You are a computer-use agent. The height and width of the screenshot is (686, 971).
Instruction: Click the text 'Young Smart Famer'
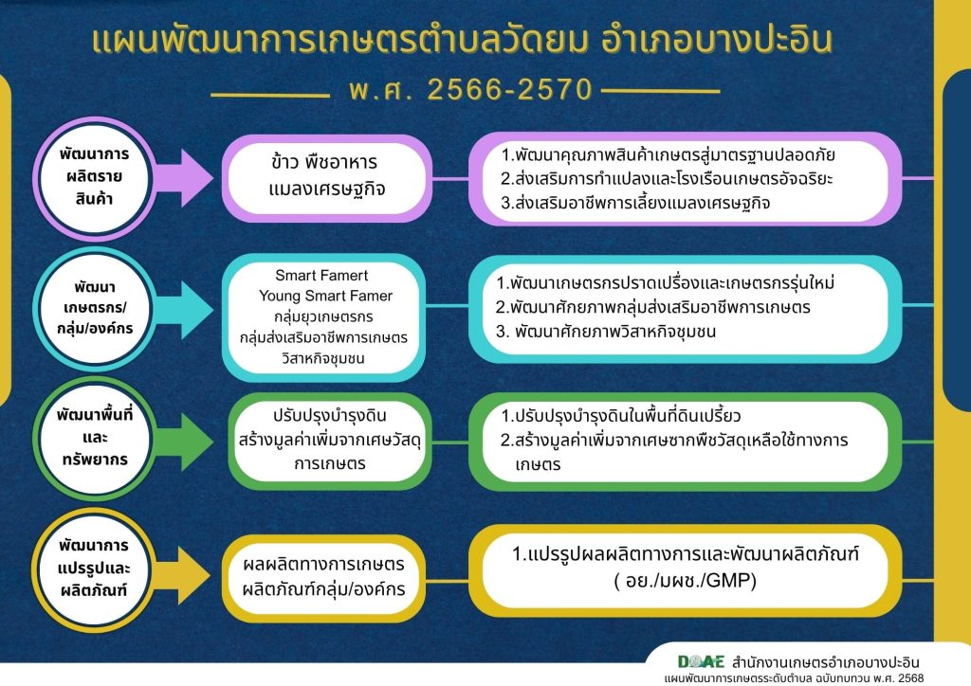point(326,296)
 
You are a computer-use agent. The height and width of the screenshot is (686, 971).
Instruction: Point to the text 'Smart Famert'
point(321,276)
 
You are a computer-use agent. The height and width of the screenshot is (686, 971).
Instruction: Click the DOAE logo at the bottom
point(701,662)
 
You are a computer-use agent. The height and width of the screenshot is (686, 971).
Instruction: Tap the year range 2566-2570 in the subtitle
point(509,90)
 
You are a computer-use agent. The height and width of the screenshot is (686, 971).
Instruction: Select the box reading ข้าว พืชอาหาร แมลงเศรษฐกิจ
point(327,177)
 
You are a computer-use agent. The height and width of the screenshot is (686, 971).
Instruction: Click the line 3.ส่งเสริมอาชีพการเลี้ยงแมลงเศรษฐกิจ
point(635,203)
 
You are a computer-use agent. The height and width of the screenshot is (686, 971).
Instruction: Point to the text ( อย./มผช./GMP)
point(686,581)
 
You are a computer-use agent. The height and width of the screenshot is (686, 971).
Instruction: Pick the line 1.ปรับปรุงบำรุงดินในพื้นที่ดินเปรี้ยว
point(620,416)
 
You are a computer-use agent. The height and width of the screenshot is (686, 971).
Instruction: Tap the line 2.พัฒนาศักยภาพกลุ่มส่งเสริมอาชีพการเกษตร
point(652,307)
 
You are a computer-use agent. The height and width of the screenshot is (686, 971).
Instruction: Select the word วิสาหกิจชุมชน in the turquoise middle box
point(323,358)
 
